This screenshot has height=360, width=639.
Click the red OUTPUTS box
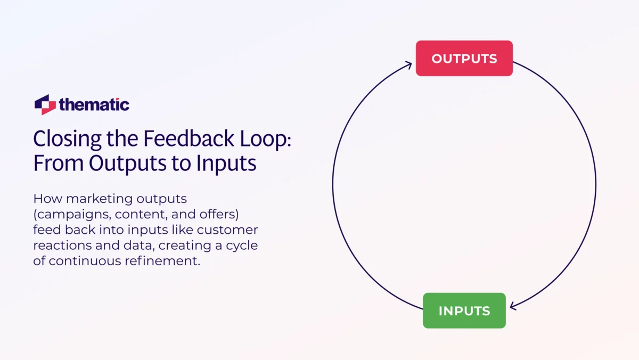(464, 59)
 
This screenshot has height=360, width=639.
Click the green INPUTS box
(464, 310)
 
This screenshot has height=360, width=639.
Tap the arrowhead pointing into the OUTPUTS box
(408, 65)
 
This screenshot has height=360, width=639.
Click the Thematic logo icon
(45, 104)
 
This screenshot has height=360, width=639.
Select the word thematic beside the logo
(94, 104)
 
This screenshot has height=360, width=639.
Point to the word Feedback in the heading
(188, 139)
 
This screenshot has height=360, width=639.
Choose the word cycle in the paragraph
(242, 246)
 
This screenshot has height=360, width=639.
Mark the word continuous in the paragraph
(86, 261)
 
